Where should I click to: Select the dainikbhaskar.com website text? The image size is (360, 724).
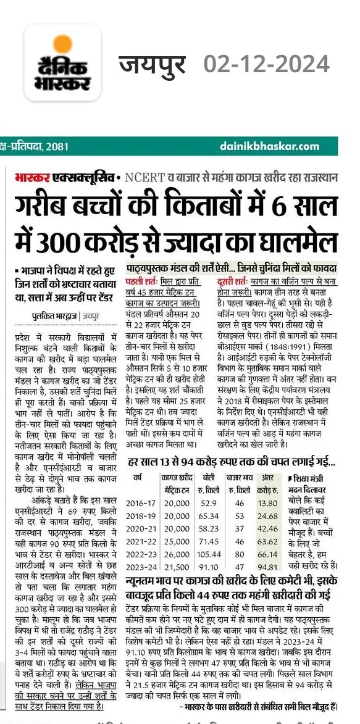click(269, 146)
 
